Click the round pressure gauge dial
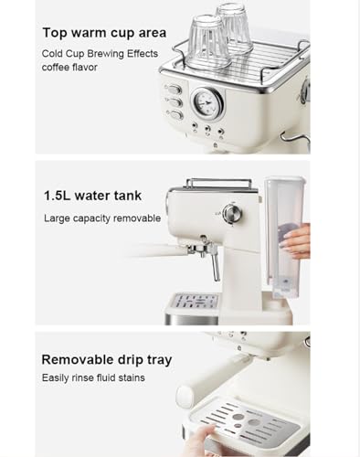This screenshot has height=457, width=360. pos(207,104)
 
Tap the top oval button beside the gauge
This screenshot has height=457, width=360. pos(174,90)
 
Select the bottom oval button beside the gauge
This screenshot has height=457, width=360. pos(175,115)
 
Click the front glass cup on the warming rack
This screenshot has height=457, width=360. pos(207,41)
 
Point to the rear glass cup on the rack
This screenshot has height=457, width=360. pos(234,27)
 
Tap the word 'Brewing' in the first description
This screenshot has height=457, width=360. pos(106,54)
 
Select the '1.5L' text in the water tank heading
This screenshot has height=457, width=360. pos(58,196)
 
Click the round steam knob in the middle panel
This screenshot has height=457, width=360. pos(232,214)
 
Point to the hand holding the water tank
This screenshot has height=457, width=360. pos(296,240)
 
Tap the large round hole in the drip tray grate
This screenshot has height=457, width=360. pos(254,422)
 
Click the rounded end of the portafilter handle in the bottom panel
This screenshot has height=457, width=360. pos(185,397)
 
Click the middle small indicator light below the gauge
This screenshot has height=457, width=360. pos(207,129)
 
